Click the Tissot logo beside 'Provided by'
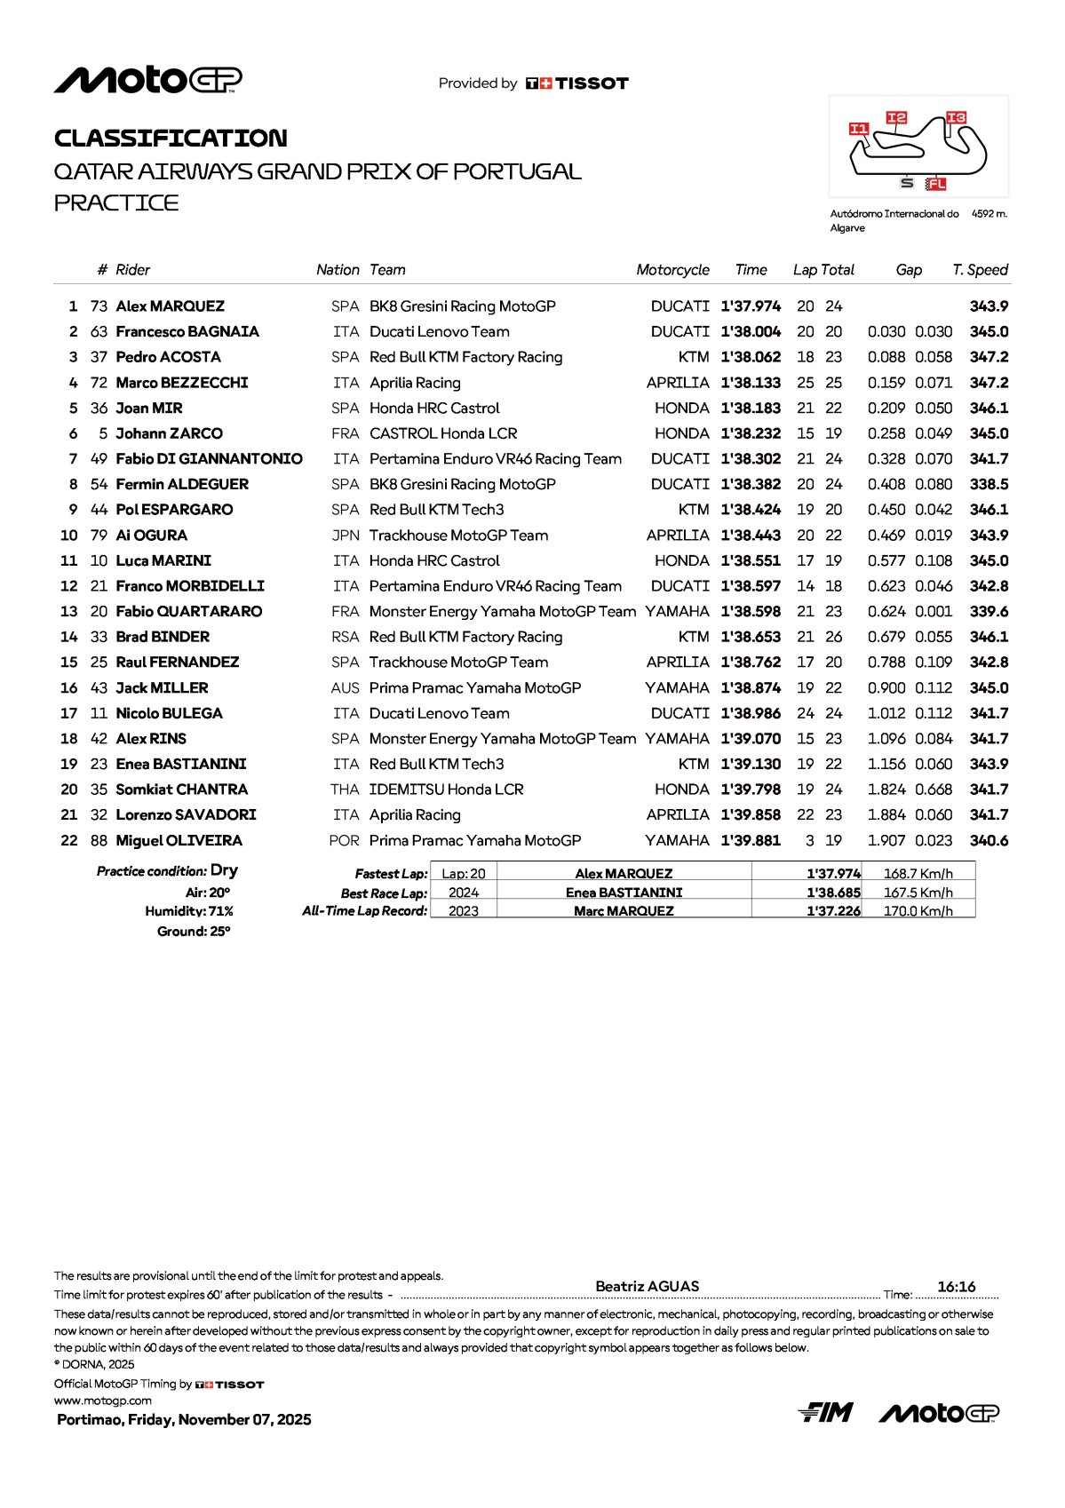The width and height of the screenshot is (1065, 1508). coord(577,83)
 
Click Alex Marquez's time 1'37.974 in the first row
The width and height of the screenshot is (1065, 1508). coord(751,306)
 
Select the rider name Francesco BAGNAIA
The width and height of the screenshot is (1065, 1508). coord(187,332)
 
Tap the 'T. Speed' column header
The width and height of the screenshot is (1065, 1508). coord(980,270)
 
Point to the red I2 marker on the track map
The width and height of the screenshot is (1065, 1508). coord(896,117)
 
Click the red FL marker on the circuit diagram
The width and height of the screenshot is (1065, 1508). coord(935,184)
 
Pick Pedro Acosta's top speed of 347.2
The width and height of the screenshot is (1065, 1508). coord(989,357)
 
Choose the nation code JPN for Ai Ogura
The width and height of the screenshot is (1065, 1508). coord(345,536)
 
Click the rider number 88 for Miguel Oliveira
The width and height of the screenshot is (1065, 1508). coord(99,841)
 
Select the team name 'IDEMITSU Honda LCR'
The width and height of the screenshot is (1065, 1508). coord(446,790)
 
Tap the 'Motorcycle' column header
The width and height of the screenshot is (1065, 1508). coord(672,270)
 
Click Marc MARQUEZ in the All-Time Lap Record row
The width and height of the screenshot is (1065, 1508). coord(624,911)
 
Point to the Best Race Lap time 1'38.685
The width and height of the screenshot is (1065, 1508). coord(833,893)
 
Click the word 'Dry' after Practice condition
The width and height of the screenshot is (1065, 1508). coord(224,870)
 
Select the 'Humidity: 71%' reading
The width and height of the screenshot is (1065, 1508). coord(189,911)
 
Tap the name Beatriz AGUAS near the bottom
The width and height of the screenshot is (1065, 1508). coord(647,1286)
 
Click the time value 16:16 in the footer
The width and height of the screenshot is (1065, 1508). coord(956,1287)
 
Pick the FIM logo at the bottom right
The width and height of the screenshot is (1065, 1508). coord(825,1412)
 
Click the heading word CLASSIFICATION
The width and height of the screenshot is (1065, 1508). coord(171,139)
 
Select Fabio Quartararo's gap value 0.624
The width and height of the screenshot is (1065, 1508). coord(886,612)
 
